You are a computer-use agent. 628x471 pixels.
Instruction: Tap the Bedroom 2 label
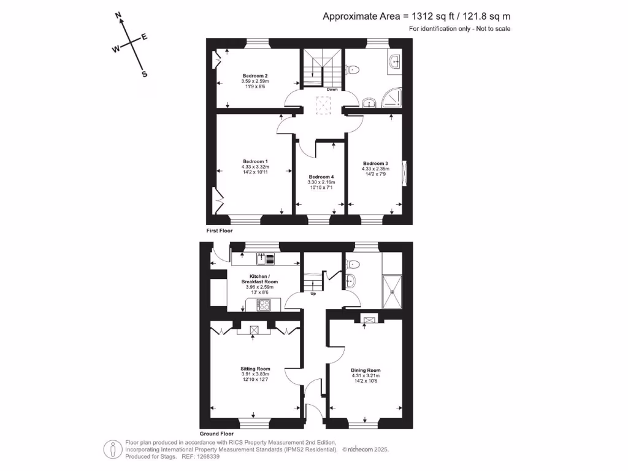pos(255,76)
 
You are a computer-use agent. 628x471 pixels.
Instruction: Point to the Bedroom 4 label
pos(321,177)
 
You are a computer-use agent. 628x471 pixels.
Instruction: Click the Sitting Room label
pos(255,369)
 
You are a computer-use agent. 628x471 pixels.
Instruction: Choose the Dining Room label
pos(366,370)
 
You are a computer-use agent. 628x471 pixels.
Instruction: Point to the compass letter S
pos(145,75)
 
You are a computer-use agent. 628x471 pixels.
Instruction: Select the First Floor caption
pos(220,231)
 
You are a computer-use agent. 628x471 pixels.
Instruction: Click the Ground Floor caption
pos(217,434)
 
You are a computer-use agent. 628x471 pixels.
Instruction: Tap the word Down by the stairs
pos(332,90)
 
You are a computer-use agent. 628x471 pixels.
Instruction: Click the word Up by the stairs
pos(313,293)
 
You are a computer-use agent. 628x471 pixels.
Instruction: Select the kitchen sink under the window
pos(261,258)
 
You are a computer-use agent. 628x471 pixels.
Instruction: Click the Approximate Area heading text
pos(416,17)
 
